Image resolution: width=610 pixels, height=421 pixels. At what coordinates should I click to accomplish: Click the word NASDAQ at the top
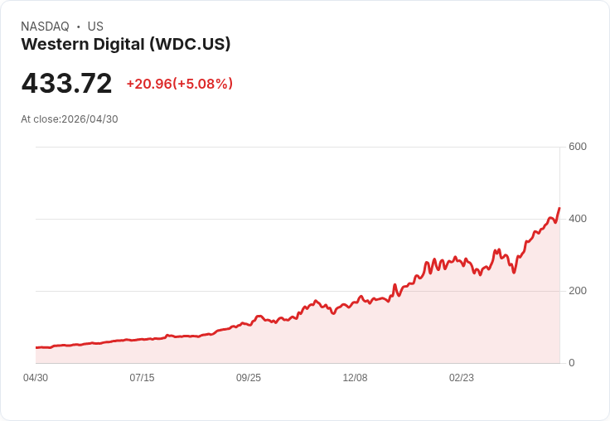45,27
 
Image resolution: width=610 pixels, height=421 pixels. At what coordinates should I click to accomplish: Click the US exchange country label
95,27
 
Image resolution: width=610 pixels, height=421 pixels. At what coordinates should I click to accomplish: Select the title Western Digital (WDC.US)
125,45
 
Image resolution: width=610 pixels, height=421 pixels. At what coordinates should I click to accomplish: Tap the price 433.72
66,84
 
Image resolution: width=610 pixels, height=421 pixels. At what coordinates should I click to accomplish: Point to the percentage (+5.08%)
202,84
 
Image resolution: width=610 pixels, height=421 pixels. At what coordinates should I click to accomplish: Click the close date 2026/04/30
90,119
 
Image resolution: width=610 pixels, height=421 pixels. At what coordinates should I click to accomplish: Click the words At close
40,119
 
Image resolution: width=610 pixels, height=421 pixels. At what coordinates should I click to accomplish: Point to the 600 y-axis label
578,147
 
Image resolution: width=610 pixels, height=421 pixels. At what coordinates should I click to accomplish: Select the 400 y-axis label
578,219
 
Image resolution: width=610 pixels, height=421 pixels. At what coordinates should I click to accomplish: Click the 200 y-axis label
578,291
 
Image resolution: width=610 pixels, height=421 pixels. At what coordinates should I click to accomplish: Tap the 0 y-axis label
572,363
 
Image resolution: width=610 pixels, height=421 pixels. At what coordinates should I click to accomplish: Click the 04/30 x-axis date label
36,378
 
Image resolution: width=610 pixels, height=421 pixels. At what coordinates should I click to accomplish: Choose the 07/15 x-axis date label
142,378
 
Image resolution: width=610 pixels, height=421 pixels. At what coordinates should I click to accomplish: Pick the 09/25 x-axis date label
249,378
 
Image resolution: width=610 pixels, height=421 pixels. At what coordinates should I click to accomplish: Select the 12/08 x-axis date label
355,378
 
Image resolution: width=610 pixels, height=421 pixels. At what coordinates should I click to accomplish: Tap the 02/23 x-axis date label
462,378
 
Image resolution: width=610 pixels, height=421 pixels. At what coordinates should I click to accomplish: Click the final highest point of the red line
559,208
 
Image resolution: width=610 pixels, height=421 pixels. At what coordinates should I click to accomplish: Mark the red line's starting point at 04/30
36,347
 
